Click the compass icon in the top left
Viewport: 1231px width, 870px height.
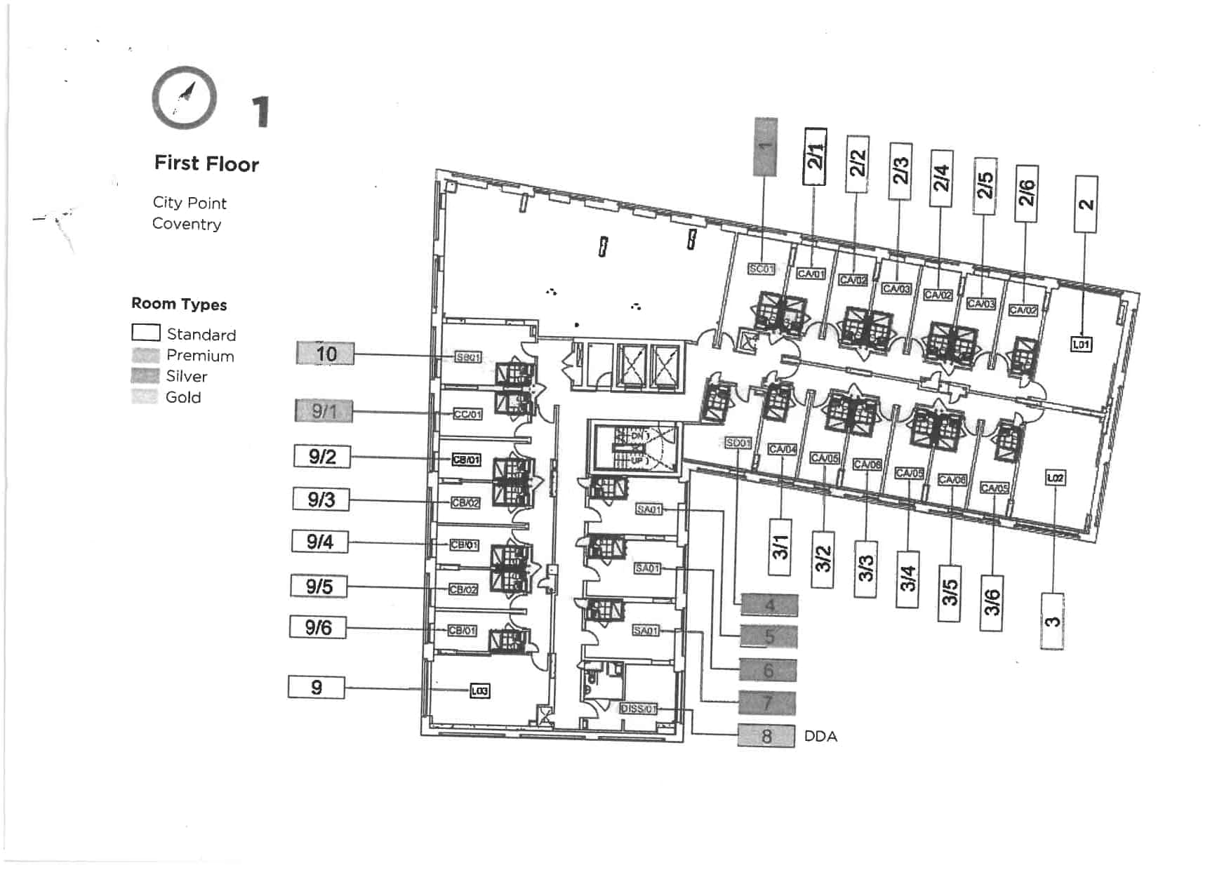point(184,98)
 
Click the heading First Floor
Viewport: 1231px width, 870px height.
point(206,163)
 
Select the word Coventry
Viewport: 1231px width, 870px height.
point(187,224)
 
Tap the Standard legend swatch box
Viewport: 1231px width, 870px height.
point(146,332)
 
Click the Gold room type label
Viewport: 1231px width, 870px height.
point(183,397)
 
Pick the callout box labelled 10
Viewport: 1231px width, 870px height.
point(325,354)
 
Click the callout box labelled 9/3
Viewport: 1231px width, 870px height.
point(321,500)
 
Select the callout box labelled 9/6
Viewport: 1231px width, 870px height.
point(318,627)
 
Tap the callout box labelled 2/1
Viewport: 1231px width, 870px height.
point(815,156)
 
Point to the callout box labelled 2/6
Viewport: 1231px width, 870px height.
point(1026,193)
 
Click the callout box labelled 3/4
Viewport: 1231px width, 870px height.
point(907,579)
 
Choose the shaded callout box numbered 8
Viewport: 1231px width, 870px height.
point(766,736)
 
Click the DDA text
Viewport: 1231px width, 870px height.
point(820,737)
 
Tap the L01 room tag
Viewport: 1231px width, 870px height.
point(1082,344)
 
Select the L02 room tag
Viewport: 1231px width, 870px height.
point(1055,478)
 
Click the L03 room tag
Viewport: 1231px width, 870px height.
point(480,691)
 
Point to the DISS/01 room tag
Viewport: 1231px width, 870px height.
point(638,709)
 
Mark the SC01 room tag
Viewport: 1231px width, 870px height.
point(761,269)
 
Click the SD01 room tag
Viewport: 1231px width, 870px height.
point(738,443)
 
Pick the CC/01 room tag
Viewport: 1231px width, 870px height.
point(467,415)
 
